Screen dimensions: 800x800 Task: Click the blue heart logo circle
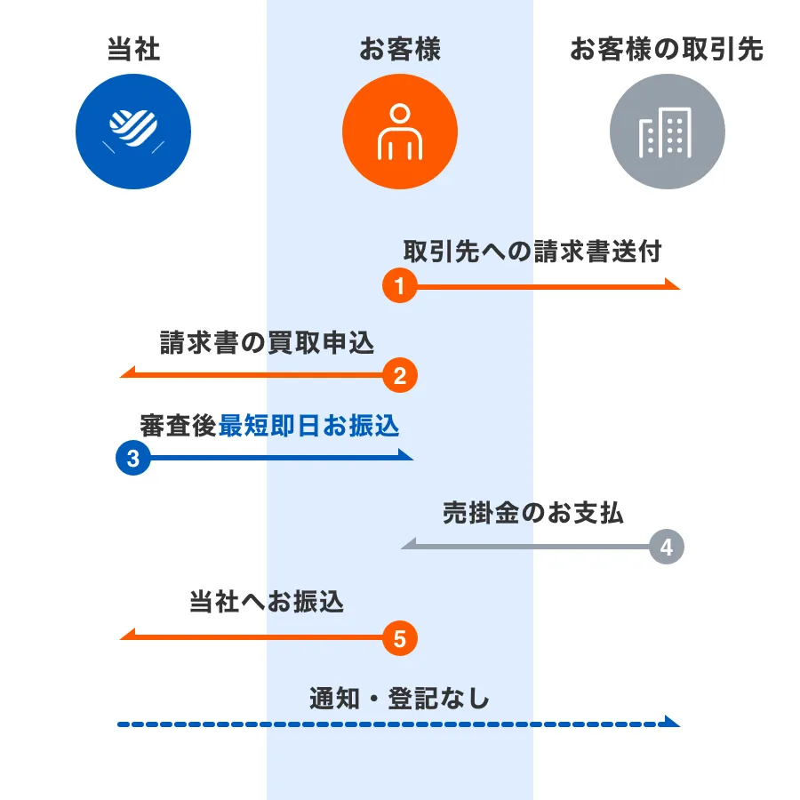pos(133,132)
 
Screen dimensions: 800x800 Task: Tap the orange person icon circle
pos(400,132)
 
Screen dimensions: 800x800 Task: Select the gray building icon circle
pos(668,132)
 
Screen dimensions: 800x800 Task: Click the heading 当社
pos(133,50)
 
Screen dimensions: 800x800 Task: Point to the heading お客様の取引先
pos(667,50)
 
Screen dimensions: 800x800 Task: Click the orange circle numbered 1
pos(400,285)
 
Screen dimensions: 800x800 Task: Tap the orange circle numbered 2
pos(400,375)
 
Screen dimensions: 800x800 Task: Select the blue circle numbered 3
pos(133,458)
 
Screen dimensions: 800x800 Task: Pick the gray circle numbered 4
pos(667,547)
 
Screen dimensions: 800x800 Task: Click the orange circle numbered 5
pos(400,638)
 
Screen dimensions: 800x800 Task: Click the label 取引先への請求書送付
pos(532,252)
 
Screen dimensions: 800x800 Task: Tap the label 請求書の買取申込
pos(268,342)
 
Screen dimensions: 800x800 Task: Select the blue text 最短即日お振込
pos(308,426)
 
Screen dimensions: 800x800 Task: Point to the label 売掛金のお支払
pos(532,513)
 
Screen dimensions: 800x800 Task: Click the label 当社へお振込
pos(267,602)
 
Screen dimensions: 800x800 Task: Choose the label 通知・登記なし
pos(399,699)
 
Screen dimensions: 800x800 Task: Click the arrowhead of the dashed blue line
pos(672,722)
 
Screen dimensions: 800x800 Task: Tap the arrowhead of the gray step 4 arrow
pos(409,544)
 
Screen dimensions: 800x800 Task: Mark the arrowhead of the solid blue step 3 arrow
pos(405,455)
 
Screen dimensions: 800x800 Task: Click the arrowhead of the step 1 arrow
pos(673,284)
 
